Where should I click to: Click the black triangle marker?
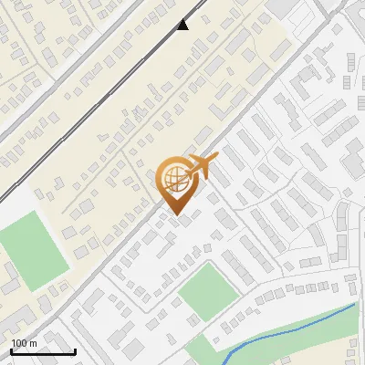[x=182, y=25]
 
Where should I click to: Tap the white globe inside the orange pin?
[x=174, y=178]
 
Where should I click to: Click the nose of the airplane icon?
[x=217, y=156]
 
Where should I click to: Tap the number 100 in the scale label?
[x=19, y=343]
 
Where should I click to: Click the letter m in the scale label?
[x=33, y=343]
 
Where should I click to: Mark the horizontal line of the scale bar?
[x=42, y=352]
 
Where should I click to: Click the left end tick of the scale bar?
[x=11, y=350]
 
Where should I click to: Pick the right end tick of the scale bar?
[x=74, y=350]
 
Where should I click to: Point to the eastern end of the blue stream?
[x=354, y=304]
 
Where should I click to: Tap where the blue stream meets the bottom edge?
[x=224, y=363]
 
